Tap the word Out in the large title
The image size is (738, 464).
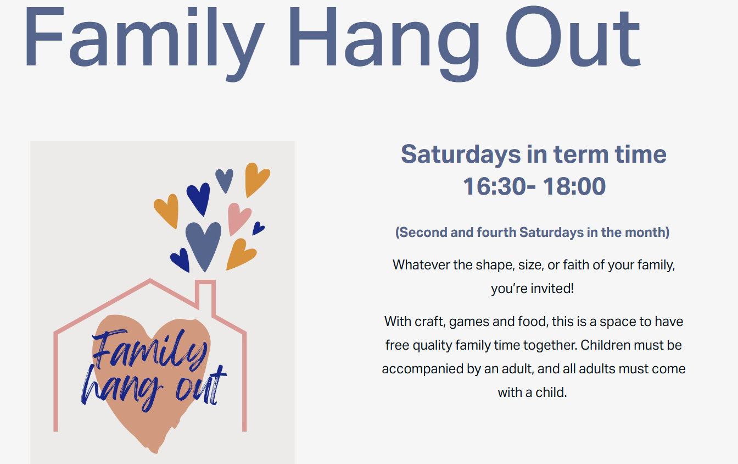tap(573, 36)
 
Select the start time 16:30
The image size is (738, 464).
tap(495, 186)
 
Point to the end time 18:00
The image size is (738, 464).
tap(574, 186)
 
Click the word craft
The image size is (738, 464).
tap(428, 322)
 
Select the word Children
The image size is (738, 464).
tap(605, 345)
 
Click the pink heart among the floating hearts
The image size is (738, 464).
tap(238, 218)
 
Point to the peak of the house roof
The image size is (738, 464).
tap(150, 280)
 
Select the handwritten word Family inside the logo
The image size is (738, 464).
tap(149, 350)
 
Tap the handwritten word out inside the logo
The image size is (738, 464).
tap(201, 386)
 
